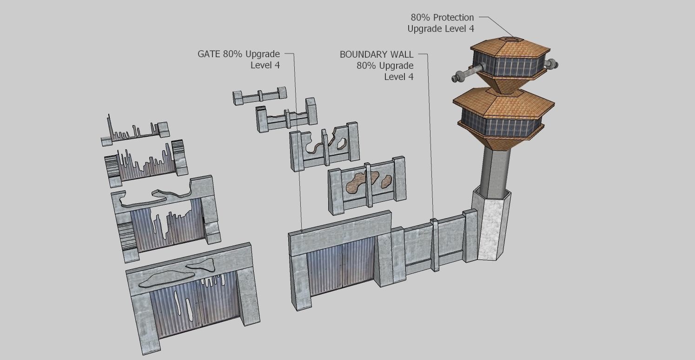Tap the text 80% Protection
coord(442,18)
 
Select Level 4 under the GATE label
coord(265,65)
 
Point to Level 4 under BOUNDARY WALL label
coord(398,77)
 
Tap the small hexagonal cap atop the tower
coord(510,39)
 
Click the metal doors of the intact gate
coord(342,267)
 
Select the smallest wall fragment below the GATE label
coord(259,96)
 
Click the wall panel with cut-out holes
coord(324,146)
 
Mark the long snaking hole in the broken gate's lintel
coord(156,198)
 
